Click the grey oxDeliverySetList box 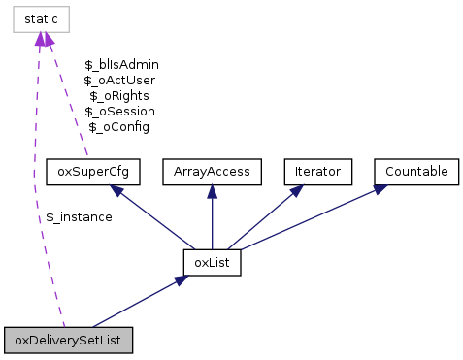pos(68,341)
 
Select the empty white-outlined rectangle pos(41,18)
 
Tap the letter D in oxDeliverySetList pos(33,341)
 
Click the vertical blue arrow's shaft pos(212,223)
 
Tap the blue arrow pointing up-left pos(155,218)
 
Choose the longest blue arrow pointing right pos(311,218)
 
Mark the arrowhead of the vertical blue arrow pos(212,190)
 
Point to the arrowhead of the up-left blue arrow pos(116,190)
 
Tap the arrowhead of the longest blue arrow pos(380,188)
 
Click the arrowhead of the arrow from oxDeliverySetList pos(181,279)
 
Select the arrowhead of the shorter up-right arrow pos(298,189)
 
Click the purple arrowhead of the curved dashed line pos(40,39)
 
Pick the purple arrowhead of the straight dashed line pos(49,39)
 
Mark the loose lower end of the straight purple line pos(87,155)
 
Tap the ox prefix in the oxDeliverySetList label pos(20,341)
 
